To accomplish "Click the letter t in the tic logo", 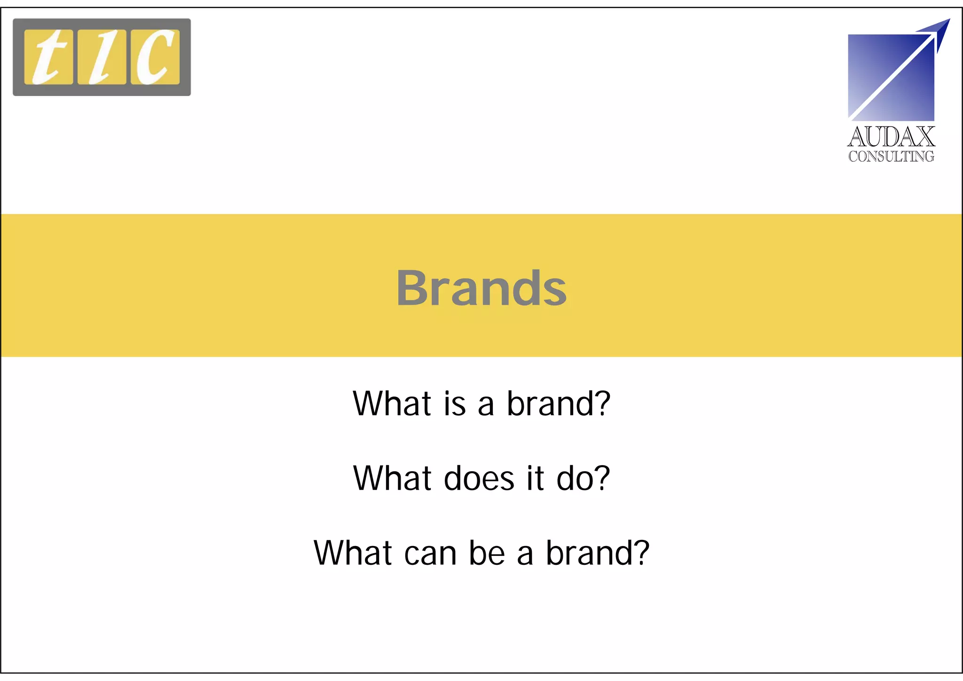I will click(x=48, y=57).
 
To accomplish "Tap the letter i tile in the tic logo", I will click(x=102, y=57).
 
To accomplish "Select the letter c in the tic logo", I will click(x=155, y=57).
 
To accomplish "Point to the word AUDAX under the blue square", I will click(x=891, y=137).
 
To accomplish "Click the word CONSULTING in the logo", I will click(x=891, y=156).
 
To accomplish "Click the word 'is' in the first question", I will click(x=454, y=404).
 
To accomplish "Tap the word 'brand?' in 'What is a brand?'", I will click(x=558, y=404).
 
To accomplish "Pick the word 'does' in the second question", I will click(x=479, y=478).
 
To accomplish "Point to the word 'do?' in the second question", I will click(x=583, y=478).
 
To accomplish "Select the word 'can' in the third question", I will click(x=430, y=553).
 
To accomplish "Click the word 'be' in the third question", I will click(x=487, y=553).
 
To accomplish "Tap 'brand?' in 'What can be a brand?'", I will click(x=597, y=553).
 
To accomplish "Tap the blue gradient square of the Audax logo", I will click(x=875, y=94).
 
